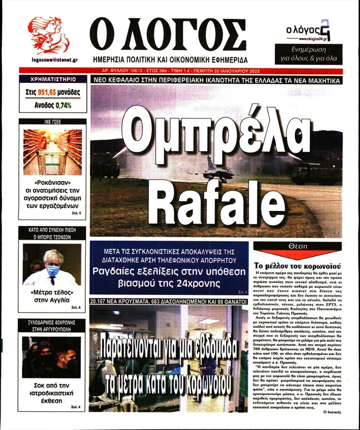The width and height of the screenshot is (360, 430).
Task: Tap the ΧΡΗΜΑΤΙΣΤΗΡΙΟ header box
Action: pyautogui.click(x=52, y=79)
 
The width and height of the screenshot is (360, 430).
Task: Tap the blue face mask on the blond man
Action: pyautogui.click(x=53, y=270)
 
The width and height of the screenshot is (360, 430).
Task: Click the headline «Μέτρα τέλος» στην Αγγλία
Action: pyautogui.click(x=52, y=296)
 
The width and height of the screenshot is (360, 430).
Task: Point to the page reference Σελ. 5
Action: pyautogui.click(x=76, y=213)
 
